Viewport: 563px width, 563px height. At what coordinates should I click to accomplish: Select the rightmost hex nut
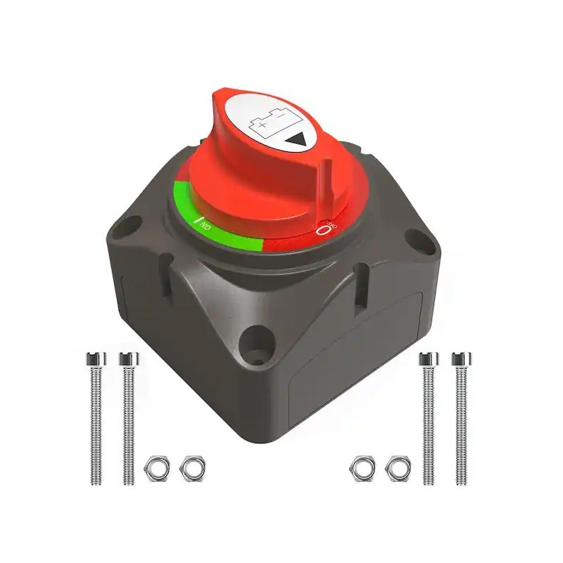(398, 467)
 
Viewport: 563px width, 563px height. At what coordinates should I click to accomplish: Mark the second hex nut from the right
(363, 467)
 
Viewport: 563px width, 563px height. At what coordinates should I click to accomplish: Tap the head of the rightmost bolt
(462, 358)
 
